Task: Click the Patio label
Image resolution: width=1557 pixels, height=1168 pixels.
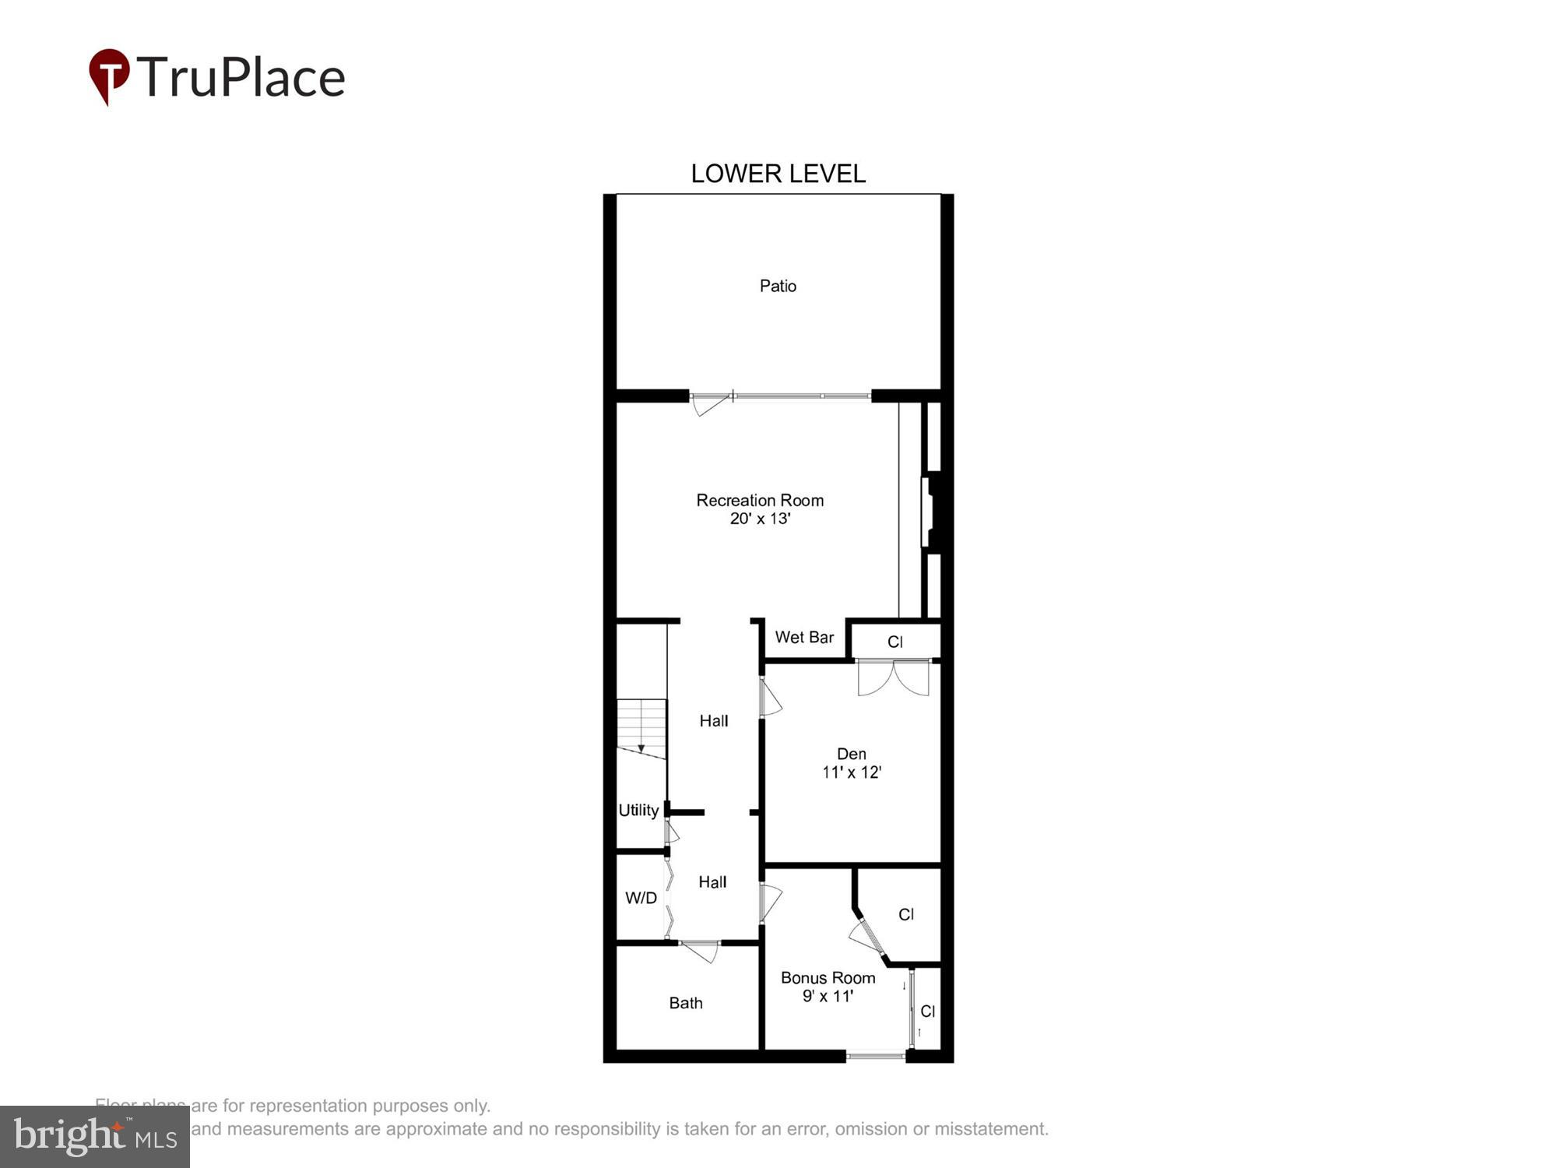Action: click(778, 286)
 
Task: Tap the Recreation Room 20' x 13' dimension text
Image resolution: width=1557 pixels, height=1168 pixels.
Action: click(760, 519)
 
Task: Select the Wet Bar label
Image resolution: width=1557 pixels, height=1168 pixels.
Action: click(804, 637)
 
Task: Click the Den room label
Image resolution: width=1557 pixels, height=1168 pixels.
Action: click(851, 754)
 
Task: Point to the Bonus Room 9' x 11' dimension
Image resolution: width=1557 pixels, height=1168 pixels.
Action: click(828, 996)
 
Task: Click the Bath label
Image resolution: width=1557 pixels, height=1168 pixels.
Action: click(686, 1003)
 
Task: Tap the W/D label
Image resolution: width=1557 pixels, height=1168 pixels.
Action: click(641, 898)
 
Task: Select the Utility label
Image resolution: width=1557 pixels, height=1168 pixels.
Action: click(638, 810)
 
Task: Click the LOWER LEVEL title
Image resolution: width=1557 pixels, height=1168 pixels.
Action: click(778, 174)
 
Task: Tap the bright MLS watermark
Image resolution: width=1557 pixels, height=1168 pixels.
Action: click(95, 1137)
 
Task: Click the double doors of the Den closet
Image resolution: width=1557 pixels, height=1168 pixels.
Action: click(893, 677)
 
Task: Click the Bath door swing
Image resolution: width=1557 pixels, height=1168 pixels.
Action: click(701, 952)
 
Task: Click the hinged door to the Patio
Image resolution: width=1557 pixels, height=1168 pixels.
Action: click(711, 404)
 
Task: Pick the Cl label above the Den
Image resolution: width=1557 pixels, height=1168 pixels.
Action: click(894, 642)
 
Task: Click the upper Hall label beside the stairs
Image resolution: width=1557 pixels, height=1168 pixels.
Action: click(713, 721)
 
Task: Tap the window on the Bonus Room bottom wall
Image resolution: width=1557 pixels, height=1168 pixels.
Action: click(876, 1056)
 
